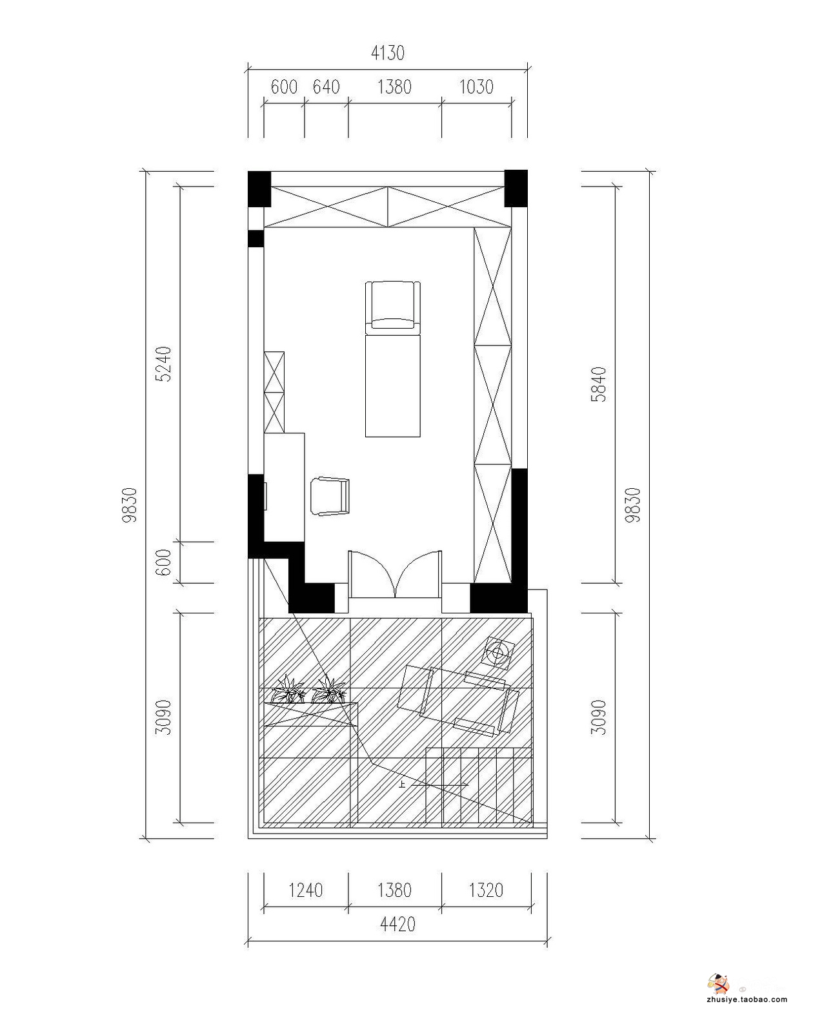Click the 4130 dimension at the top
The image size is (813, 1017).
(388, 53)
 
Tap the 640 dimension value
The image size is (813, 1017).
(326, 87)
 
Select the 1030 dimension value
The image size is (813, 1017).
(476, 87)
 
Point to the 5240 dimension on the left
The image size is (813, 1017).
(164, 364)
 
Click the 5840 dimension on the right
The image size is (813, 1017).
(599, 384)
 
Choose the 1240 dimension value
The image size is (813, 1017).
(306, 890)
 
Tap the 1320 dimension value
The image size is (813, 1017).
(487, 890)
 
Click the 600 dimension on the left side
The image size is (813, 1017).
(164, 562)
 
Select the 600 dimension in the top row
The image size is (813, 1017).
(285, 87)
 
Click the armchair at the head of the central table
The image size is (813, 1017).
(392, 305)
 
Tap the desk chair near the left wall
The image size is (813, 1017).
(330, 496)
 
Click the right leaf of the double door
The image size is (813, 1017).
(419, 574)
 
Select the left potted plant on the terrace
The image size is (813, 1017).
(288, 690)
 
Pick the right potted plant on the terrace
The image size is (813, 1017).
(329, 690)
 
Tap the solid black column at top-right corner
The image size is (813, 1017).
(516, 189)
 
